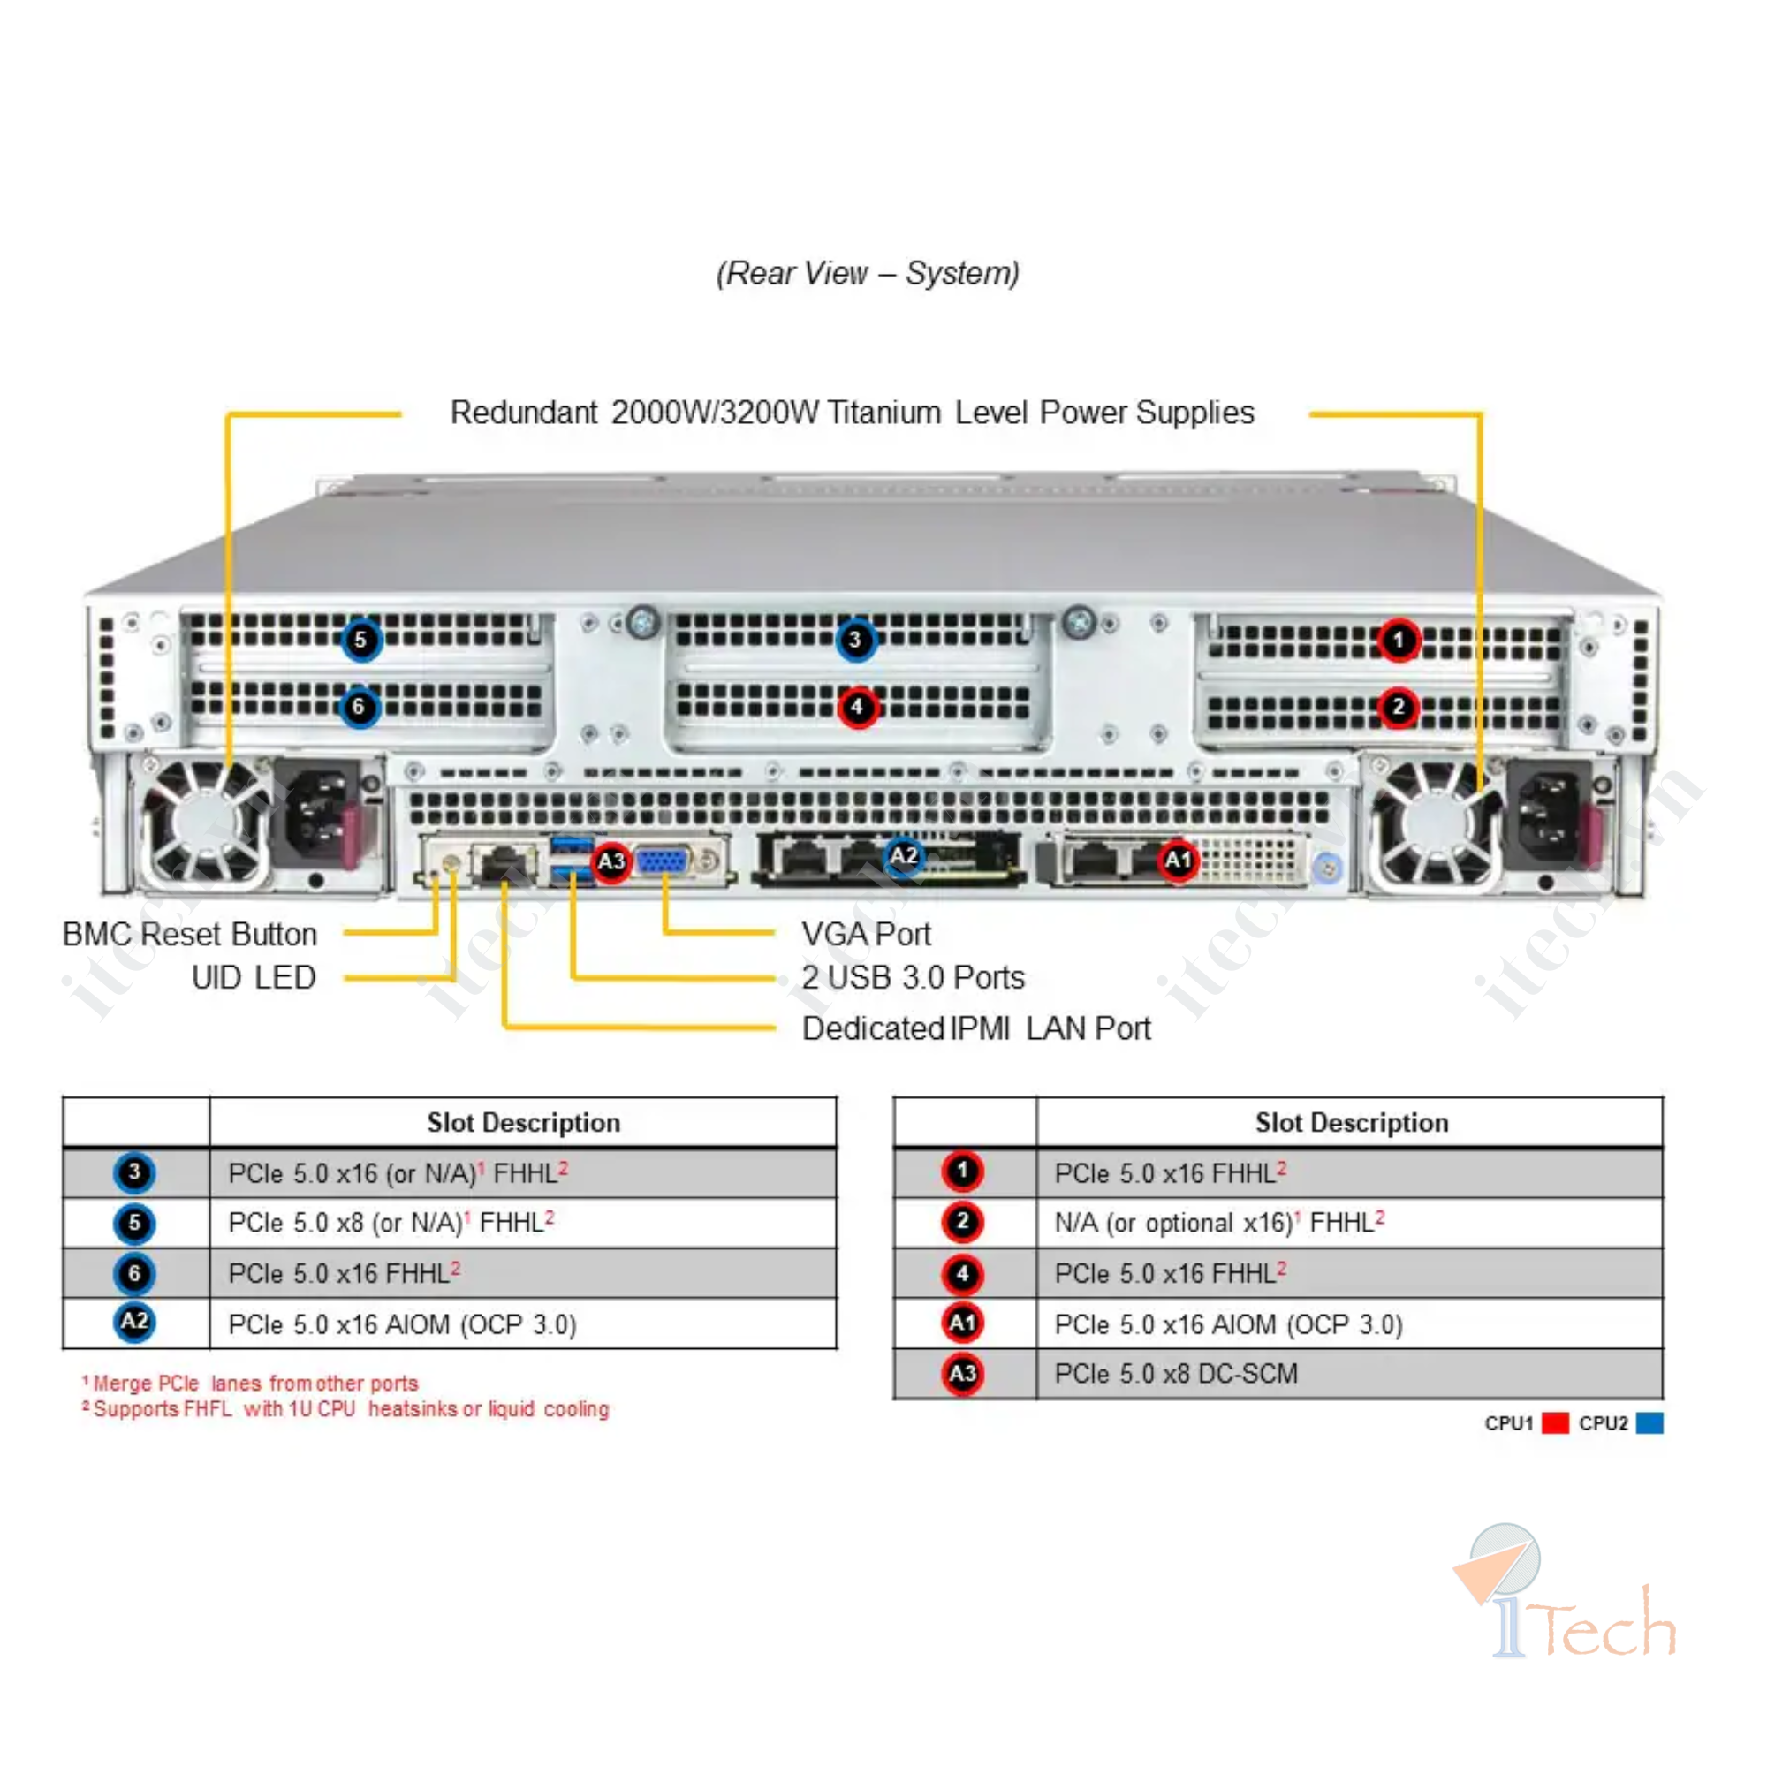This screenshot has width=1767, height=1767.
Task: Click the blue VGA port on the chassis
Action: (664, 862)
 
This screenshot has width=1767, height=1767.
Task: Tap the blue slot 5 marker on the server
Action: (360, 640)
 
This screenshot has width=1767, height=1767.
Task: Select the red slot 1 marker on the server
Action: (1399, 640)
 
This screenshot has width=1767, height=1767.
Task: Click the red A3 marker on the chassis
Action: (611, 861)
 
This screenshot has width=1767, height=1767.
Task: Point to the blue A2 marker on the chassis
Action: (903, 856)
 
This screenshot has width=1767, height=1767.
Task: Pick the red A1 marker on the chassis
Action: (1177, 860)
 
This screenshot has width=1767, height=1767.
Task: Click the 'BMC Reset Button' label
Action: (190, 934)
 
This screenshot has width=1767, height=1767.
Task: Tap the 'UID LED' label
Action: (254, 978)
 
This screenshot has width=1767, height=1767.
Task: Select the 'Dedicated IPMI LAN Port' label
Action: (976, 1029)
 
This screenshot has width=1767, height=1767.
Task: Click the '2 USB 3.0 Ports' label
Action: (913, 978)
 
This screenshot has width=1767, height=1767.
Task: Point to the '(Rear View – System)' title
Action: (867, 272)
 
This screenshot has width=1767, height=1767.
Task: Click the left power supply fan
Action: (203, 823)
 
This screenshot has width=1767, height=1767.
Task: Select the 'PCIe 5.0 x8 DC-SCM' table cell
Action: (1176, 1374)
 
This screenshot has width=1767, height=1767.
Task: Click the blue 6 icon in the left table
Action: (134, 1273)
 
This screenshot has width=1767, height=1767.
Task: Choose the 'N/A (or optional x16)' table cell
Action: (1219, 1223)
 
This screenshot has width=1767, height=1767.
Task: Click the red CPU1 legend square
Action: (1555, 1423)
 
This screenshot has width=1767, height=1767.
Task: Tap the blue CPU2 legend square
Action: (1649, 1423)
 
